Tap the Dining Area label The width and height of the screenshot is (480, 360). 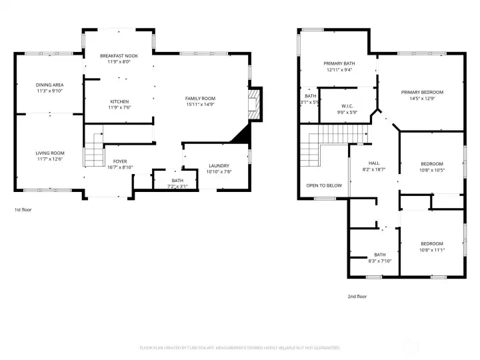coord(49,85)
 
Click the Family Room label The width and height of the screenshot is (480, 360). coord(200,99)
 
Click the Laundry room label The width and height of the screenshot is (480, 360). coord(219,165)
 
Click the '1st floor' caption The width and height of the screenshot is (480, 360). coord(23,209)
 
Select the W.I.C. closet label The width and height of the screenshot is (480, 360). coord(346,105)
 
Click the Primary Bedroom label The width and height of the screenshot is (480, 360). coord(421,92)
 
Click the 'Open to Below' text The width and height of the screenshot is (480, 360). coord(324,185)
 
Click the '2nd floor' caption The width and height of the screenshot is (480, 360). coord(357,296)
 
